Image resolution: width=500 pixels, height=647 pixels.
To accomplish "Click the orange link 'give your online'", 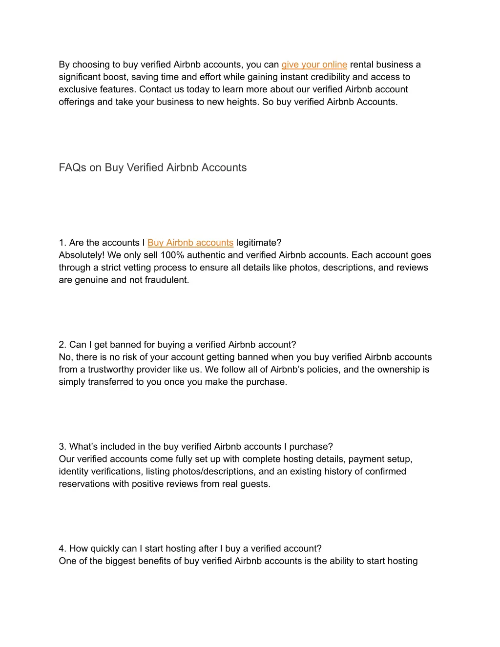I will point(314,64).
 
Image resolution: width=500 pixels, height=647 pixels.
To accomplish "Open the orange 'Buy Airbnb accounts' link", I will point(190,243).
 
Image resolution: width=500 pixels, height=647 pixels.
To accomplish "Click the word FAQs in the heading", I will point(73,167).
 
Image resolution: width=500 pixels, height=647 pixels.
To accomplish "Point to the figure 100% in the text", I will point(172,255).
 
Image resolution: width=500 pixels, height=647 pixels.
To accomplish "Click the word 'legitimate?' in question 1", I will point(259,243).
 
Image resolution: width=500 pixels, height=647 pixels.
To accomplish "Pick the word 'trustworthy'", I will point(112,369).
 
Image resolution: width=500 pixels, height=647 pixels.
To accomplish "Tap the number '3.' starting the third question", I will point(62,446).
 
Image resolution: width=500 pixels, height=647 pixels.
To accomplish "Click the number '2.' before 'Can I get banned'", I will point(62,344).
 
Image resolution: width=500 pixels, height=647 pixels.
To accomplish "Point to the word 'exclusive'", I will point(78,89).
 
